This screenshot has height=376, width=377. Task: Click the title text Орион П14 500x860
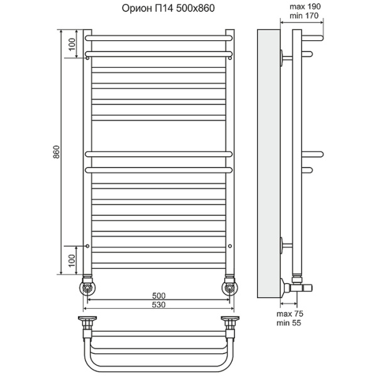click(168, 8)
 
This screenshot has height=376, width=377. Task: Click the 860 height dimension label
click(57, 152)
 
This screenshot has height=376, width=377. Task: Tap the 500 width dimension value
click(159, 296)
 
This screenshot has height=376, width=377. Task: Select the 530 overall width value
click(159, 304)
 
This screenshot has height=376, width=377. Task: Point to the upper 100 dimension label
click(72, 44)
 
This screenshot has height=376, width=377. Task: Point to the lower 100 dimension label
click(72, 261)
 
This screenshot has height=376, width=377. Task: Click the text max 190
click(305, 6)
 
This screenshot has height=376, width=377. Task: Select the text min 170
click(304, 16)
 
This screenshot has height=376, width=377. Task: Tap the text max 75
click(290, 314)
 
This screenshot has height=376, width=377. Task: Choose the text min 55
click(289, 323)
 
